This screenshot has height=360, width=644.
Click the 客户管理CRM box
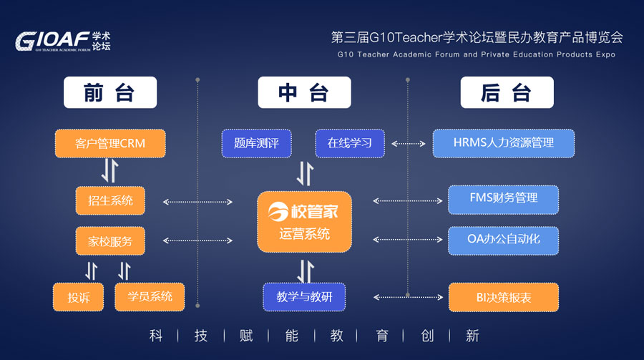coord(110,143)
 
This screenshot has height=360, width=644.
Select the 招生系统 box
coord(110,200)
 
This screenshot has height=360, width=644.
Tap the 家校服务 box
coord(110,241)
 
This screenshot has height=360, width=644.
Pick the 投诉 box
coord(79,297)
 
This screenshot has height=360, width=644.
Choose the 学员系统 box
coord(150,297)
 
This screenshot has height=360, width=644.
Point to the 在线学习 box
coord(350,143)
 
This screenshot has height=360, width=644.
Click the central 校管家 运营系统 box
coord(305,221)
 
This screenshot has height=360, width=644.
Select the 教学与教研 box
coord(305,297)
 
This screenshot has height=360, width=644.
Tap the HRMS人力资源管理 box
coord(504,143)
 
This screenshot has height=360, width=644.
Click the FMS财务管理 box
coord(504,198)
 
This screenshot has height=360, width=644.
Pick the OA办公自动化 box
coord(504,240)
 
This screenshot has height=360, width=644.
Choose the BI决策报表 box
coord(504,297)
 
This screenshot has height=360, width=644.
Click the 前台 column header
coord(110,92)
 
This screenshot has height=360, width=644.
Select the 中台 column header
coord(305,92)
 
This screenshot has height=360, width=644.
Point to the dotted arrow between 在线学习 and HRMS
coord(409,143)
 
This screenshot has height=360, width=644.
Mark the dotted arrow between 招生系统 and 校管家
coord(197,202)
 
